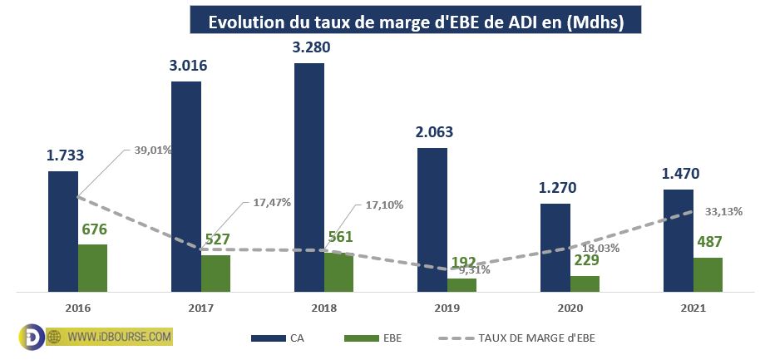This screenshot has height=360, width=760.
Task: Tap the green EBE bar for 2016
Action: [92, 268]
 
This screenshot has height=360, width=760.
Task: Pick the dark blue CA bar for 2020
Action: [555, 248]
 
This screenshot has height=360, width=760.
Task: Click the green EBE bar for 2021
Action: [708, 274]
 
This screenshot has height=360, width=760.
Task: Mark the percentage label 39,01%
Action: [153, 150]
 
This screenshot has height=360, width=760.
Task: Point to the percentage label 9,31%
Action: [473, 270]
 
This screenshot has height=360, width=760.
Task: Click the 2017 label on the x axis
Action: [200, 308]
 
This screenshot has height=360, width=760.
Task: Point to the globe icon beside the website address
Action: [55, 337]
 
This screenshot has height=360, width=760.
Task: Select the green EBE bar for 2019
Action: [461, 284]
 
